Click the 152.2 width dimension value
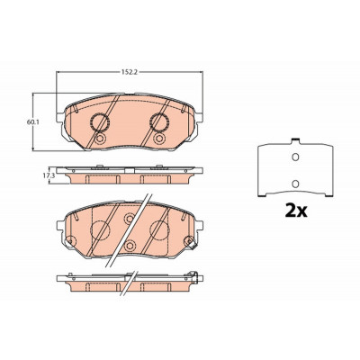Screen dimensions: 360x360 [130, 72]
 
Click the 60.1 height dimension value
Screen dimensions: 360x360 [31, 122]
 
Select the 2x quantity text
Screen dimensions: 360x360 [296, 211]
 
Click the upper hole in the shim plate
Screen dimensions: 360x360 [295, 157]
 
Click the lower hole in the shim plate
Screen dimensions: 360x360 [295, 184]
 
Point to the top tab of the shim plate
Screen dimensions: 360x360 [295, 140]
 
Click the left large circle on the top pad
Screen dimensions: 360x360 [100, 122]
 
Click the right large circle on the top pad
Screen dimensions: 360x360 [159, 122]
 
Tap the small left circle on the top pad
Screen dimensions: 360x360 [100, 139]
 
